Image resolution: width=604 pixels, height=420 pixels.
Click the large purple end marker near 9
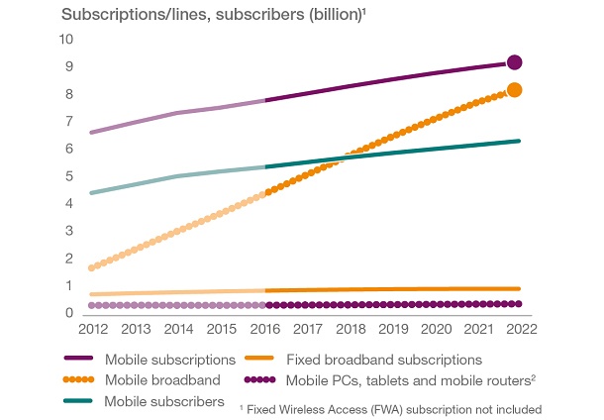click(x=514, y=62)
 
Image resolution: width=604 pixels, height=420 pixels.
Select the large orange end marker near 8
click(x=515, y=90)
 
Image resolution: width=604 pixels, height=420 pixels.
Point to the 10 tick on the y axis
click(x=66, y=40)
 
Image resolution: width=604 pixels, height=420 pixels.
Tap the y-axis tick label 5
click(x=69, y=176)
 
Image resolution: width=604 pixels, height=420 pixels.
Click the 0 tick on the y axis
click(x=69, y=313)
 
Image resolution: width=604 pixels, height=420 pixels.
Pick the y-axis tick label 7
click(x=69, y=122)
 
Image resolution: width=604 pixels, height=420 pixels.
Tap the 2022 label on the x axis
click(x=521, y=329)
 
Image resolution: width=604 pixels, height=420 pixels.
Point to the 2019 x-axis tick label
click(x=393, y=329)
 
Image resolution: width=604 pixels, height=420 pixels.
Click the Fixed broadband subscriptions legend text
click(x=383, y=359)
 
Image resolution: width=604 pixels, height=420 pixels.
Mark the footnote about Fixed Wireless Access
click(x=391, y=407)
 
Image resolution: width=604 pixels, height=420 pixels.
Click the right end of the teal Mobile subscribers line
click(x=519, y=141)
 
